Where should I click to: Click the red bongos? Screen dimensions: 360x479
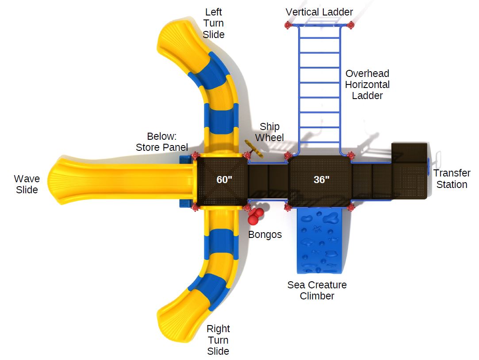pyautogui.click(x=255, y=216)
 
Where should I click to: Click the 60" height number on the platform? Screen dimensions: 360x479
pyautogui.click(x=224, y=180)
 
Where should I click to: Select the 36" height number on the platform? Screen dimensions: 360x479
pyautogui.click(x=321, y=180)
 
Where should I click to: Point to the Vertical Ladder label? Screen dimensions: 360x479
pyautogui.click(x=319, y=12)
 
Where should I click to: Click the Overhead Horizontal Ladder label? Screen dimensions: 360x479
pyautogui.click(x=367, y=84)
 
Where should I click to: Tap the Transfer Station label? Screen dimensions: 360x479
pyautogui.click(x=452, y=179)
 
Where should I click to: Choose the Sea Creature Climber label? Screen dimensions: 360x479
pyautogui.click(x=317, y=290)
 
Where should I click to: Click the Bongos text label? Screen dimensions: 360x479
pyautogui.click(x=264, y=234)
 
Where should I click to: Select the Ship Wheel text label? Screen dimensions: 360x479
pyautogui.click(x=269, y=132)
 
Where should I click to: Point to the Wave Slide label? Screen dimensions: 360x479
pyautogui.click(x=27, y=184)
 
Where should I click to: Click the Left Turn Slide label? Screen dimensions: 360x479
pyautogui.click(x=214, y=23)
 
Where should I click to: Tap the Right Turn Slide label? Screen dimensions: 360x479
pyautogui.click(x=218, y=340)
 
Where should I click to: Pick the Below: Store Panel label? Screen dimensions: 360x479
pyautogui.click(x=162, y=142)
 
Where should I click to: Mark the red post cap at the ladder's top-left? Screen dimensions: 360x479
pyautogui.click(x=288, y=26)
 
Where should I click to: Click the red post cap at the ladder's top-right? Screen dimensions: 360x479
pyautogui.click(x=351, y=25)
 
